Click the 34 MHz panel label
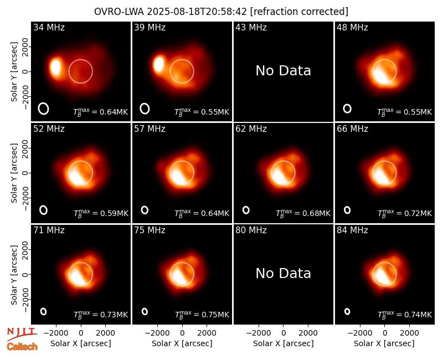(49, 27)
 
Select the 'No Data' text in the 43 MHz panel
(283, 71)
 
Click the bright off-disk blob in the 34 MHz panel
(56, 67)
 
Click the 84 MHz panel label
(352, 230)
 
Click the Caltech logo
(22, 347)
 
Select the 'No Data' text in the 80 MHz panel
(283, 273)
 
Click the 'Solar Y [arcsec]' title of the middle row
(14, 173)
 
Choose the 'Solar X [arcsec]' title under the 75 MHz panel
(182, 343)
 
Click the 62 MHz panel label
(251, 129)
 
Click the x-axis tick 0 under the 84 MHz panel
(384, 333)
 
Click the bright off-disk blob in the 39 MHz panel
(159, 64)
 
